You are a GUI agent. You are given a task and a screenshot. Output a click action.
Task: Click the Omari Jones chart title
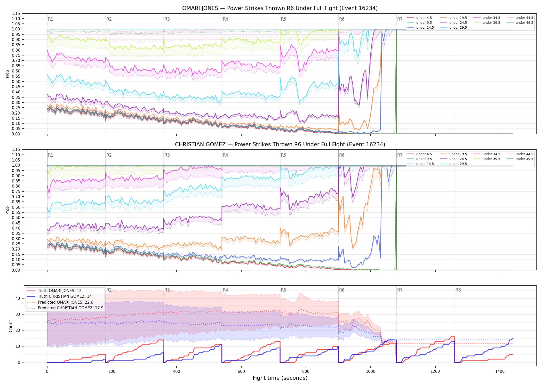point(280,8)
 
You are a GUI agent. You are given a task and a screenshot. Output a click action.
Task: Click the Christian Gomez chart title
point(280,144)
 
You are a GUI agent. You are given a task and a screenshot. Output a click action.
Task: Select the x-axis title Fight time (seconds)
point(280,378)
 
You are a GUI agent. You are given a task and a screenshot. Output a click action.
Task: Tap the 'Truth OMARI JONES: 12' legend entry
point(60,291)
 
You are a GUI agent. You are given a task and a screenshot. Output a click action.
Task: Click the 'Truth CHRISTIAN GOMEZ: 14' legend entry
point(65,296)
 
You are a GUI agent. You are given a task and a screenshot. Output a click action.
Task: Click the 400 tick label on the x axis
point(177,372)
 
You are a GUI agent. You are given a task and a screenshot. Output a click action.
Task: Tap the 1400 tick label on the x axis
point(500,372)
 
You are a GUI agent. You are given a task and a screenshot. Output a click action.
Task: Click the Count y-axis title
point(11,326)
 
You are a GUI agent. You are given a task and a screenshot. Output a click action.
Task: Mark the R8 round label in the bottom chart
point(458,290)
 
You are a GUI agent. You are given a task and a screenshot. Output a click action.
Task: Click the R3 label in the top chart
point(167,19)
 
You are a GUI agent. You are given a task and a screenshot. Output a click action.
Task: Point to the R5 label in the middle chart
point(283,155)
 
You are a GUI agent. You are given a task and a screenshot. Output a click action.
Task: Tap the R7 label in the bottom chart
point(400,290)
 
